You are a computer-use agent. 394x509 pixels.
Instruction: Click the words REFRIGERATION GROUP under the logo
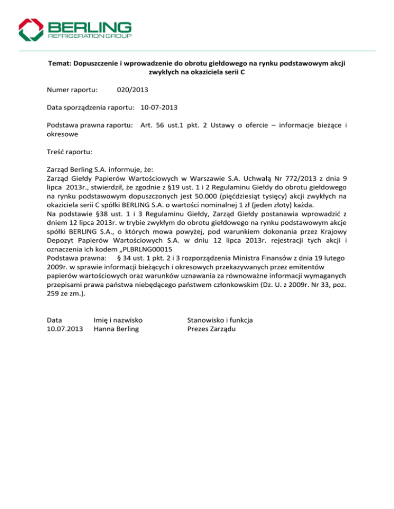pyautogui.click(x=90, y=37)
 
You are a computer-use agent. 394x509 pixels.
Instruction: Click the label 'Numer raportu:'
pyautogui.click(x=69, y=90)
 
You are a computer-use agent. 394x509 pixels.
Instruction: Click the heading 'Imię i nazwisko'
pyautogui.click(x=117, y=320)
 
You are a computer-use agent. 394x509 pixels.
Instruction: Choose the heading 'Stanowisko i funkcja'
pyautogui.click(x=221, y=320)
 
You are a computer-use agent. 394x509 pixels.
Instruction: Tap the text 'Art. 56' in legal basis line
pyautogui.click(x=152, y=124)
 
